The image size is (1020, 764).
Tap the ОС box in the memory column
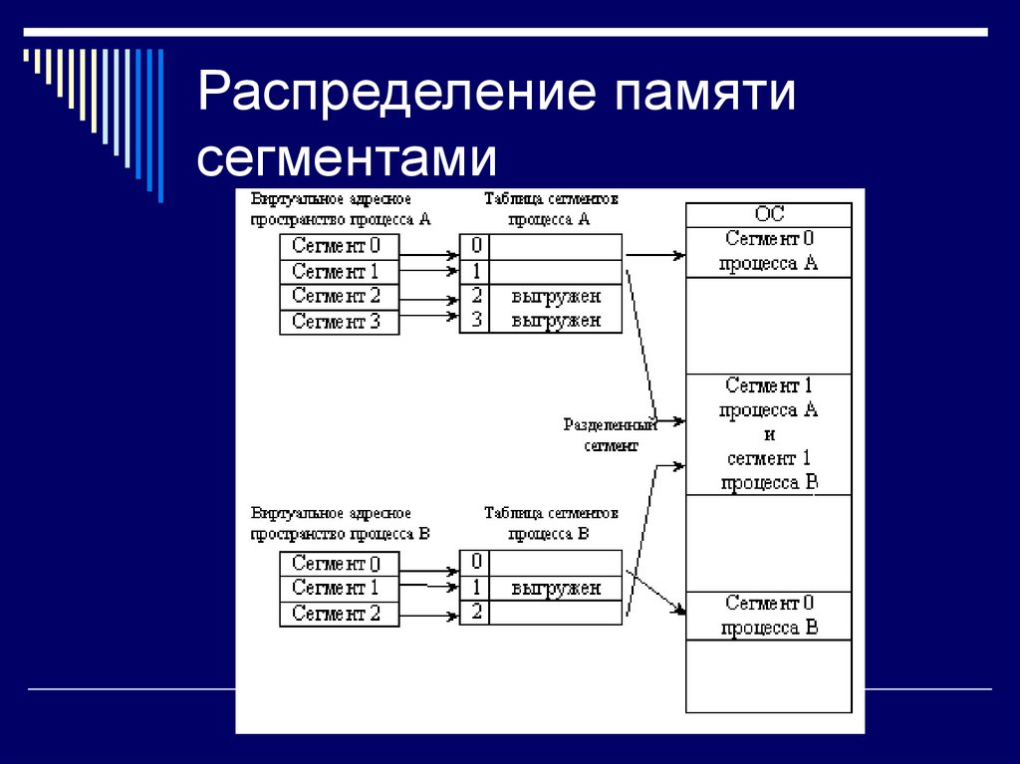coord(769,214)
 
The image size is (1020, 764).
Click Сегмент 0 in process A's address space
coord(339,246)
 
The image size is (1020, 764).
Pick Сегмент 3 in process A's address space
coord(339,322)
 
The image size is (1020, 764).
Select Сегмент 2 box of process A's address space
coord(339,296)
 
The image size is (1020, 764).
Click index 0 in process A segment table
coord(476,246)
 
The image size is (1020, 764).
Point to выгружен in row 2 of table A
coord(556,296)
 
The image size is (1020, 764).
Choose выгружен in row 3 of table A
coord(556,321)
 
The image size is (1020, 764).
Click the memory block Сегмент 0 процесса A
coord(769,251)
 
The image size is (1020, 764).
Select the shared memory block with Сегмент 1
coord(769,434)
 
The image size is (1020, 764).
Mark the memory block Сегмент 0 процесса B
coord(769,616)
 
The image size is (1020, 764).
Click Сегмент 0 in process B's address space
coord(339,564)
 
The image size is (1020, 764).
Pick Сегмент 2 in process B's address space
coord(339,614)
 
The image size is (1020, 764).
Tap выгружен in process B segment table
coord(556,588)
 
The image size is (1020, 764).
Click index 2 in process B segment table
coord(476,612)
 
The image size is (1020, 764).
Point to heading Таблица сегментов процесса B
coord(551,523)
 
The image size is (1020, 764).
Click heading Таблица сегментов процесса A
coord(551,209)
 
